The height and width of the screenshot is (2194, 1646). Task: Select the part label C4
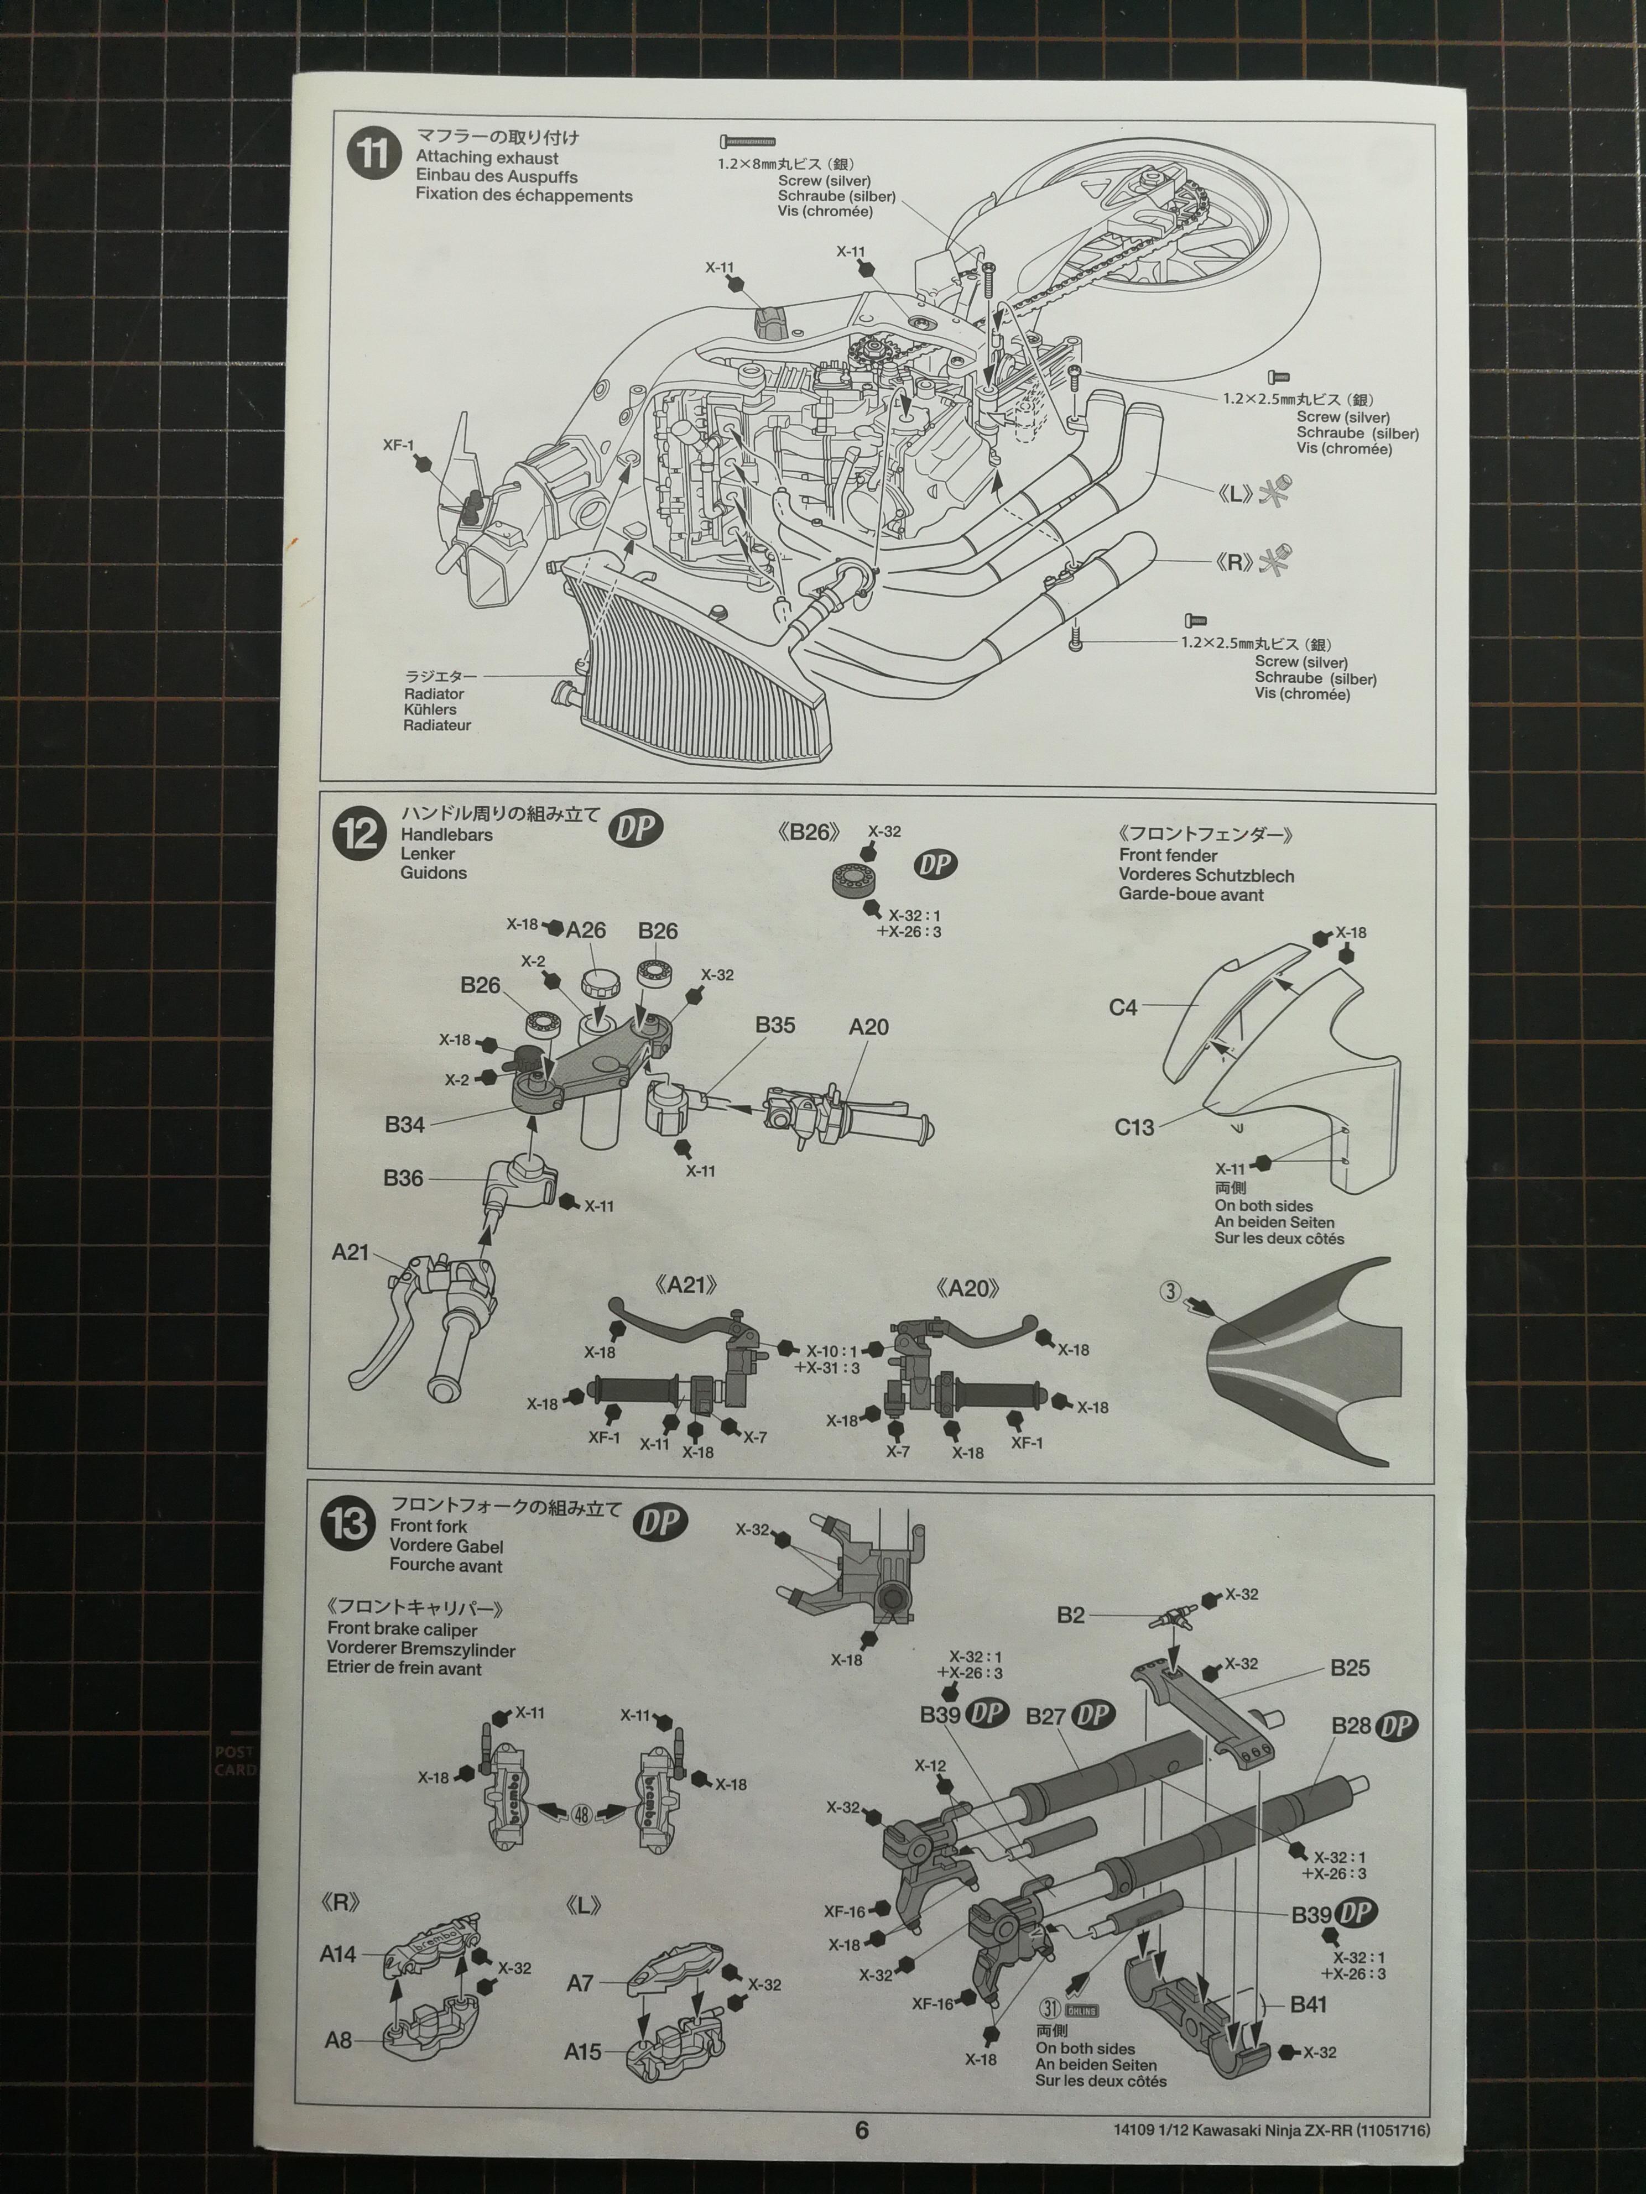click(1123, 1008)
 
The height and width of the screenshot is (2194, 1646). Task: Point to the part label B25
click(1350, 1667)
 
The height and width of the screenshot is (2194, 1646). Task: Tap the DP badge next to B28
click(1398, 1726)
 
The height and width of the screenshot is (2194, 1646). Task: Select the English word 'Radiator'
click(434, 694)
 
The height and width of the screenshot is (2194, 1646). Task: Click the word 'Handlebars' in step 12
click(446, 835)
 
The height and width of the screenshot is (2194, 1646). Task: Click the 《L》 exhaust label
click(1235, 493)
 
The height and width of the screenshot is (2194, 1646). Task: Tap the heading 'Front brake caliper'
click(402, 1629)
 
